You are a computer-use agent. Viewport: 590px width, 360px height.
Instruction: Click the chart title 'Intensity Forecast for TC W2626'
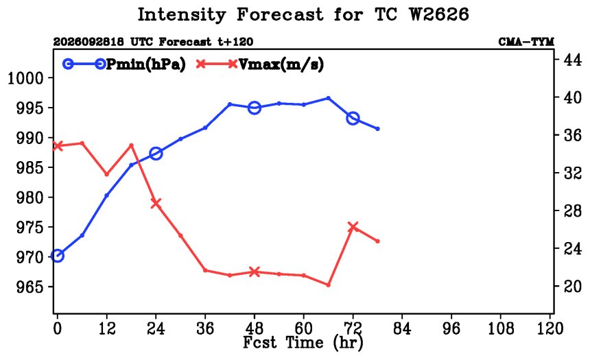click(303, 15)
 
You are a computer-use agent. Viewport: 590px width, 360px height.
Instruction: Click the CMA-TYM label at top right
click(526, 42)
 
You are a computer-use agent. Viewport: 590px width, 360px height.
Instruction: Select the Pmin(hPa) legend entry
click(124, 64)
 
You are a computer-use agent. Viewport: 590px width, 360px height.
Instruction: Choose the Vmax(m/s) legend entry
click(260, 64)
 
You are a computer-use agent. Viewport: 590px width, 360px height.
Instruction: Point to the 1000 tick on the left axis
click(25, 78)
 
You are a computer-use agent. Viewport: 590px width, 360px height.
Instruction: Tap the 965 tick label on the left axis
click(29, 287)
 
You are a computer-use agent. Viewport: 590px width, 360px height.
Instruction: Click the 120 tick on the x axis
click(550, 328)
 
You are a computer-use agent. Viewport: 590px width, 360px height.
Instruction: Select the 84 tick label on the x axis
click(402, 328)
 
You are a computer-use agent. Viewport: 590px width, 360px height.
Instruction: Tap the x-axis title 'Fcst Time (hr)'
click(303, 342)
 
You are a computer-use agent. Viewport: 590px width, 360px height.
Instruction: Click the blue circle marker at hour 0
click(57, 256)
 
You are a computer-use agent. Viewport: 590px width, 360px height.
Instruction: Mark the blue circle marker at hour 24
click(156, 154)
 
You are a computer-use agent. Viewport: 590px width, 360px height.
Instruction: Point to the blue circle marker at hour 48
click(255, 108)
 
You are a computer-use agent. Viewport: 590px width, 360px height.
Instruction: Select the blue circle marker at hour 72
click(353, 119)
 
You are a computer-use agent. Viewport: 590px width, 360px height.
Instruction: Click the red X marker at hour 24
click(156, 203)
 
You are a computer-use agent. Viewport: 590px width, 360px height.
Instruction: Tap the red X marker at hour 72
click(353, 227)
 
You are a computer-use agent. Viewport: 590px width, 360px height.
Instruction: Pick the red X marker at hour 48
click(255, 272)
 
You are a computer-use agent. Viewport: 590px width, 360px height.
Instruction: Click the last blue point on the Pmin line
click(377, 129)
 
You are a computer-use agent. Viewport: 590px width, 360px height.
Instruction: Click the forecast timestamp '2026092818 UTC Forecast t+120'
click(153, 42)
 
